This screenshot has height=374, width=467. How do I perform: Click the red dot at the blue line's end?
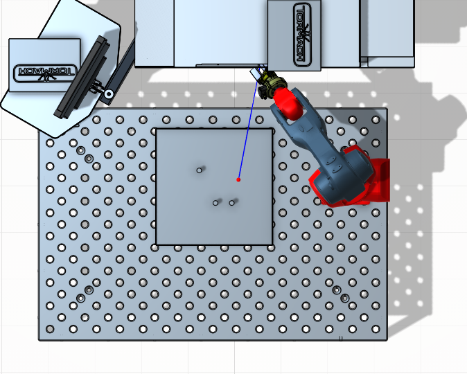click(238, 179)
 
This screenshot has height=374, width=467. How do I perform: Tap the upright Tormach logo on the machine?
click(302, 35)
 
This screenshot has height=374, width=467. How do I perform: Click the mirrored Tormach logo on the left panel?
click(44, 73)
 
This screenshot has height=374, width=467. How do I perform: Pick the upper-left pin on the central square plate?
click(200, 170)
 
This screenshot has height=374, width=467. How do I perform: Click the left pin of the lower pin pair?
click(215, 203)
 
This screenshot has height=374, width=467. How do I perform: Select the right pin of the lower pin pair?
click(231, 203)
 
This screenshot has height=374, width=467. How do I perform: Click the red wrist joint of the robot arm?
click(287, 102)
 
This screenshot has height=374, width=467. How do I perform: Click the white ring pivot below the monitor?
click(109, 94)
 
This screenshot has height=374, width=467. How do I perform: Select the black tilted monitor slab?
click(82, 77)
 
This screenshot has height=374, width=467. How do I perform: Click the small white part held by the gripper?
click(256, 73)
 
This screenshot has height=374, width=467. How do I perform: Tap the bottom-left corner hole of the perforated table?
click(50, 329)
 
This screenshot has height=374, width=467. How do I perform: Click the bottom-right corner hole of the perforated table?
click(376, 329)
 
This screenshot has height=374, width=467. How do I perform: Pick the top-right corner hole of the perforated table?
click(376, 120)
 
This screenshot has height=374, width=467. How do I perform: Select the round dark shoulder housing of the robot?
click(342, 176)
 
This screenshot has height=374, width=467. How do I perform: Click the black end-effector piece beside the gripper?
click(263, 91)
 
